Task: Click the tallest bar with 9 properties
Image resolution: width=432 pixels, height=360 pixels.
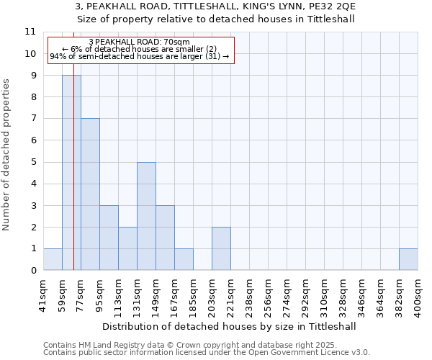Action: click(x=71, y=173)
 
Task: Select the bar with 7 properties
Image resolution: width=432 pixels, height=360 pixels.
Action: click(x=90, y=194)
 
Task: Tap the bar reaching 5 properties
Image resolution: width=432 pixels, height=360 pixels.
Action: click(x=146, y=216)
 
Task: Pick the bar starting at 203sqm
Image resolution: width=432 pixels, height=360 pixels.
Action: click(x=221, y=248)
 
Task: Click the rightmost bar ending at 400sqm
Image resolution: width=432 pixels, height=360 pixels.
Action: click(x=408, y=259)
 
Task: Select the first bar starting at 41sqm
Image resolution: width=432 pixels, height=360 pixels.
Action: click(x=53, y=259)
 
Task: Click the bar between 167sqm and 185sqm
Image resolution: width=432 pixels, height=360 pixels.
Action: click(x=184, y=259)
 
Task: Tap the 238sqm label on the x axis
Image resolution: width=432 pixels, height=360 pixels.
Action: click(x=250, y=293)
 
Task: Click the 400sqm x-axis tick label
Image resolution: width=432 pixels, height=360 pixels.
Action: click(x=418, y=293)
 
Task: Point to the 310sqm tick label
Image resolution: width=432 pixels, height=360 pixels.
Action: click(x=325, y=293)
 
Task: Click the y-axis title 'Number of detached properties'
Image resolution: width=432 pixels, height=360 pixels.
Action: click(x=7, y=155)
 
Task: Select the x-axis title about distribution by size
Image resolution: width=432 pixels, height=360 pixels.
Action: click(x=230, y=326)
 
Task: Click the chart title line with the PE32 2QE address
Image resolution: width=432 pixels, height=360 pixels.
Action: click(x=215, y=6)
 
